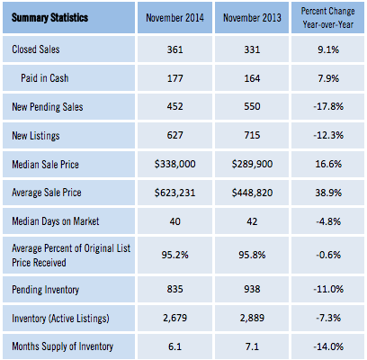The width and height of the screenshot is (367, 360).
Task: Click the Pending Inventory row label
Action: [x=46, y=290]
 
